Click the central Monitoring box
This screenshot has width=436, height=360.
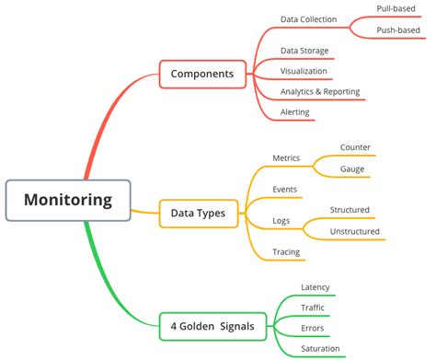(x=69, y=200)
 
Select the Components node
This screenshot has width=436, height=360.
(x=202, y=74)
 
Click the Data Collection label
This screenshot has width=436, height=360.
(x=308, y=19)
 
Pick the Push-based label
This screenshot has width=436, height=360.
(x=398, y=30)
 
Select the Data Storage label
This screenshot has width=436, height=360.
(x=304, y=51)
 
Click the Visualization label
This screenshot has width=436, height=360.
(x=304, y=71)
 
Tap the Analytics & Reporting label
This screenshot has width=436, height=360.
(x=320, y=92)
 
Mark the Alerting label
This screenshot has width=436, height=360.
(x=295, y=112)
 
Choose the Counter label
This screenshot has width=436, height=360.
(x=355, y=147)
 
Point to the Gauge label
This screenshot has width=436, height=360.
(x=351, y=169)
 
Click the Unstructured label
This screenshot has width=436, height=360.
(x=355, y=231)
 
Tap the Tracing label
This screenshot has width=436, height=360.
(x=286, y=252)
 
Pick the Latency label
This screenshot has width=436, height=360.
(x=315, y=287)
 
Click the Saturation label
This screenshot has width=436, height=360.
(x=320, y=349)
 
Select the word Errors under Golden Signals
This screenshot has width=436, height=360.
(x=313, y=329)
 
